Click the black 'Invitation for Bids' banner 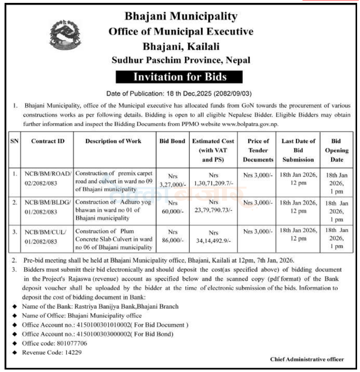pos(180,77)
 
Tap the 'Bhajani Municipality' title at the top pos(181,17)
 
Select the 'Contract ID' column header pos(48,141)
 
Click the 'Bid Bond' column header pos(172,141)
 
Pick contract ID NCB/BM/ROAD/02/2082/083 pos(47,178)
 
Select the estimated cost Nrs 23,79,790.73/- pos(214,207)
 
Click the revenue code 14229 pos(73,353)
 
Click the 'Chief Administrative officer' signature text pos(307,360)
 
